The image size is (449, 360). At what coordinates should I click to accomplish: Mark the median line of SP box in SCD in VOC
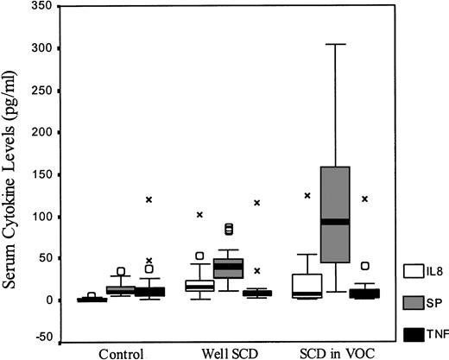point(334,222)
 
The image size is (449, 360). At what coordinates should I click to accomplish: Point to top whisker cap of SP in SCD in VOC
point(334,44)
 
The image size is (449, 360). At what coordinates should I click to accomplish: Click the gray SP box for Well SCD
point(229,268)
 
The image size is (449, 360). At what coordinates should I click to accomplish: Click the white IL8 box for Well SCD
point(200,284)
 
